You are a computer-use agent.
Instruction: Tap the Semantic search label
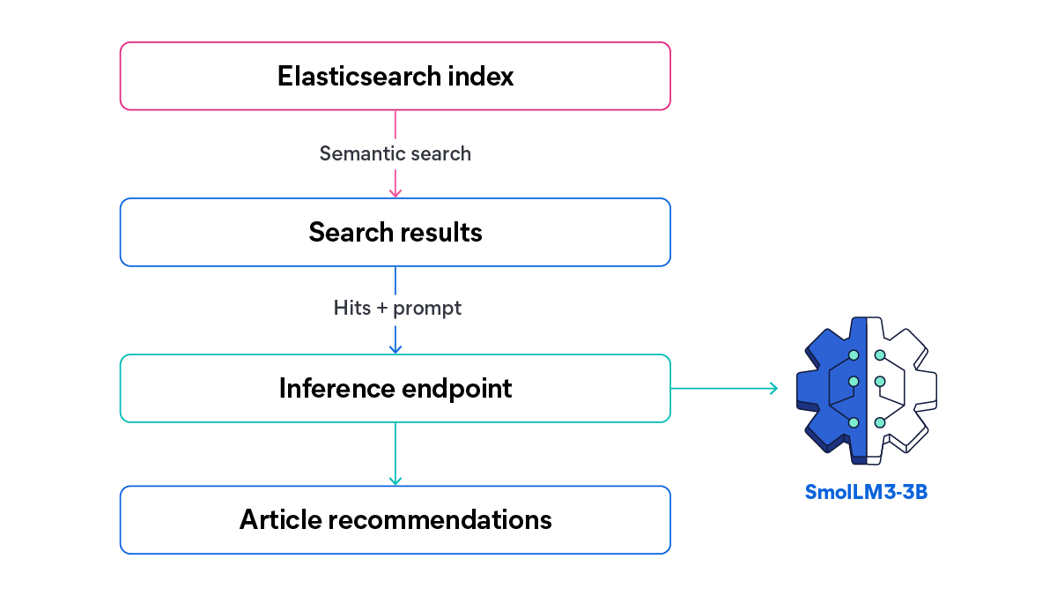pyautogui.click(x=395, y=153)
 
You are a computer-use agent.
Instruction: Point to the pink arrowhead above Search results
pyautogui.click(x=395, y=191)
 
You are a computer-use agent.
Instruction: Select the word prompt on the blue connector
pyautogui.click(x=427, y=309)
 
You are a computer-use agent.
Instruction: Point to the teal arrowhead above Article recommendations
pyautogui.click(x=395, y=480)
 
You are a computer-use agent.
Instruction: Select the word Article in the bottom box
pyautogui.click(x=279, y=519)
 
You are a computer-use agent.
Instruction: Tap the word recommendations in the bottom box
pyautogui.click(x=440, y=519)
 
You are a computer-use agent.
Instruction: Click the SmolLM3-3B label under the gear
pyautogui.click(x=866, y=492)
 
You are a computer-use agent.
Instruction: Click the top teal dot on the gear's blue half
pyautogui.click(x=854, y=355)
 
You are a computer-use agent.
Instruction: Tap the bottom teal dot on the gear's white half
pyautogui.click(x=879, y=423)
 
